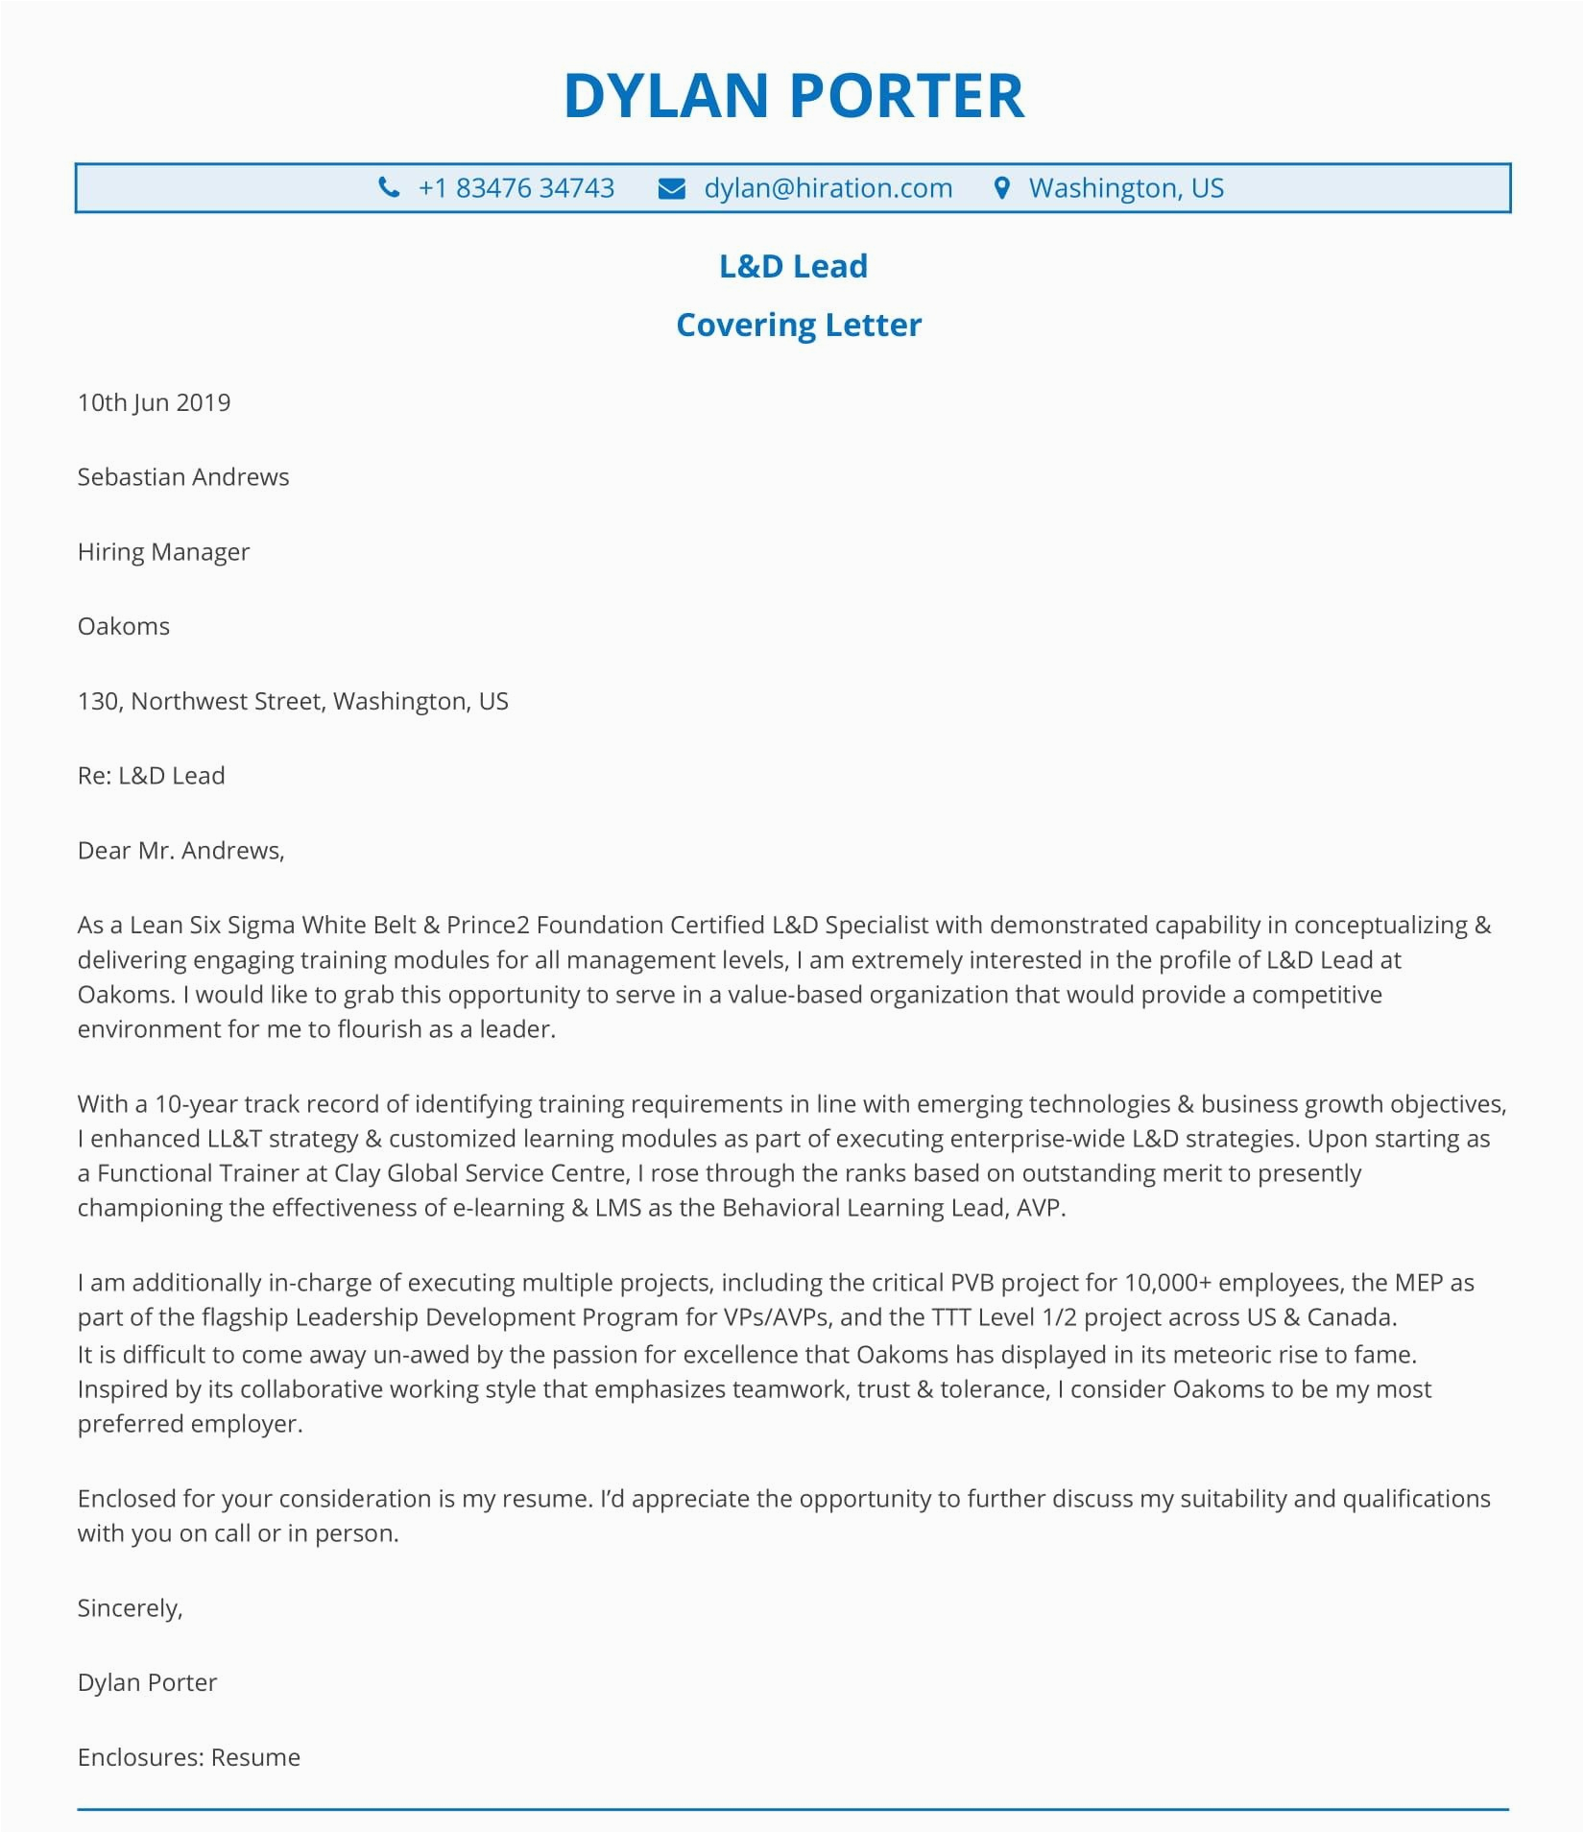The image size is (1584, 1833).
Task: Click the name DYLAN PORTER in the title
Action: pos(793,96)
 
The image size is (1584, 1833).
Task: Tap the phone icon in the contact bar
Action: pos(389,187)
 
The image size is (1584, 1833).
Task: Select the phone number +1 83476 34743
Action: pos(516,188)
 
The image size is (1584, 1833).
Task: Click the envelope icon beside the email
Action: pos(671,188)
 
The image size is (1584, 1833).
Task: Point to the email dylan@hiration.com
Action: pos(828,188)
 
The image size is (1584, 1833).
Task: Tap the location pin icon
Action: pos(1001,188)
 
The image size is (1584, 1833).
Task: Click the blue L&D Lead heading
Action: pos(793,266)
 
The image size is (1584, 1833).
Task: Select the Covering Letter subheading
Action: pos(798,325)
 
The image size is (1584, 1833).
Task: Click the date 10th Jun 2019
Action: pos(154,402)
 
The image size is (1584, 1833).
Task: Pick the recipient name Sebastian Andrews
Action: pos(182,477)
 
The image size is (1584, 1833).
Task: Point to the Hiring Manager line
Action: pos(163,552)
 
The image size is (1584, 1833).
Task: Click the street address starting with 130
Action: pos(293,701)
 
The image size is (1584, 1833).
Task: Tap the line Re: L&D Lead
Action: pos(151,776)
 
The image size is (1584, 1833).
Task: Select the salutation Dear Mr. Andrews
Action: pos(180,851)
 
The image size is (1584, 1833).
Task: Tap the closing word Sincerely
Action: pos(130,1608)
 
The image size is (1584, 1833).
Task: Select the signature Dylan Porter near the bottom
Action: pos(147,1682)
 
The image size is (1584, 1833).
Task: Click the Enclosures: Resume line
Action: pos(188,1757)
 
